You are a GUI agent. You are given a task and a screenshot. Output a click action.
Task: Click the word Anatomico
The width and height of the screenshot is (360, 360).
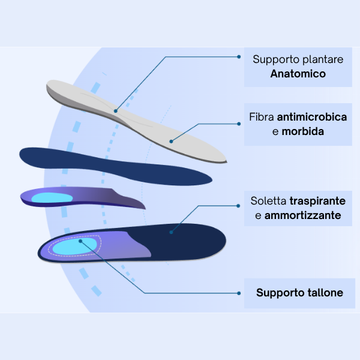pos(298,74)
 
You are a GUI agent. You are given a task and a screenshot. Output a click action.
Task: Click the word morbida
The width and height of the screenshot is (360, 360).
pos(303,131)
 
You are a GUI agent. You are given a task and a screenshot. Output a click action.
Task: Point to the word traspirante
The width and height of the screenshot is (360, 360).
pos(318,200)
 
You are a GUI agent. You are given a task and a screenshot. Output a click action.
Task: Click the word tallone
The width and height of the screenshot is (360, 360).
pos(324,293)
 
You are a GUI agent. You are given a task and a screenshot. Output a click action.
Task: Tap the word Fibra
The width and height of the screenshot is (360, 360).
pos(262,116)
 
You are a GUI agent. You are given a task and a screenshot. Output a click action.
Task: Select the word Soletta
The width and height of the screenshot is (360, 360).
pos(268,200)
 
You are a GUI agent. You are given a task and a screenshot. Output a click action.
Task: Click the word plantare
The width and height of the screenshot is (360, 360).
pos(320,59)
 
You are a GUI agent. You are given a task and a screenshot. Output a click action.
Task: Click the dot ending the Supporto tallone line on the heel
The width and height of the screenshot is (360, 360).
pos(80,241)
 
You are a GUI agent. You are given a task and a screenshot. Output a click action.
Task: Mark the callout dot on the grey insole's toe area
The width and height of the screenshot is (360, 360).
pos(171,142)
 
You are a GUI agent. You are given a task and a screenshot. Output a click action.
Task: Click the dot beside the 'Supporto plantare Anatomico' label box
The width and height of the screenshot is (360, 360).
pos(239,57)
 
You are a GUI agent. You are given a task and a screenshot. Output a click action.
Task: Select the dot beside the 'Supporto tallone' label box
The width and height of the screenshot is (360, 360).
pos(239,293)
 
